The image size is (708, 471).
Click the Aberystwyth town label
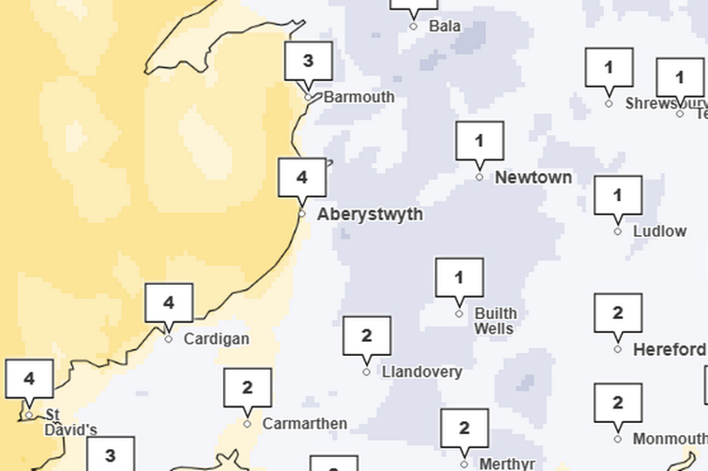370,214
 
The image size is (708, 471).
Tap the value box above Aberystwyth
302,177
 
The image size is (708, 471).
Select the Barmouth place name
359,97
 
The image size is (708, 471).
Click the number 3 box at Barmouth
308,62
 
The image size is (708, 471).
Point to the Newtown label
533,177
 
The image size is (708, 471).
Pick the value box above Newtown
479,141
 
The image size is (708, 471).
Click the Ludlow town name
659,231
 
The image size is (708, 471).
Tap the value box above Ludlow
618,195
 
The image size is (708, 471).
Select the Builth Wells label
495,321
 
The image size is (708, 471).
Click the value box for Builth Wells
459,277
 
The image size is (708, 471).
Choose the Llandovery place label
421,371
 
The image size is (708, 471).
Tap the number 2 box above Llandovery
367,336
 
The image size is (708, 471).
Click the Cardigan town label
216,338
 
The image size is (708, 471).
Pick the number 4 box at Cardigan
169,302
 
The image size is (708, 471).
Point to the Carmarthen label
304,424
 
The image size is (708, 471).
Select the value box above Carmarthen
247,388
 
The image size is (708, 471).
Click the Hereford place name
669,349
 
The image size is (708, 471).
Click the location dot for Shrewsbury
608,103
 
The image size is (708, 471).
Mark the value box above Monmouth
618,403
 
